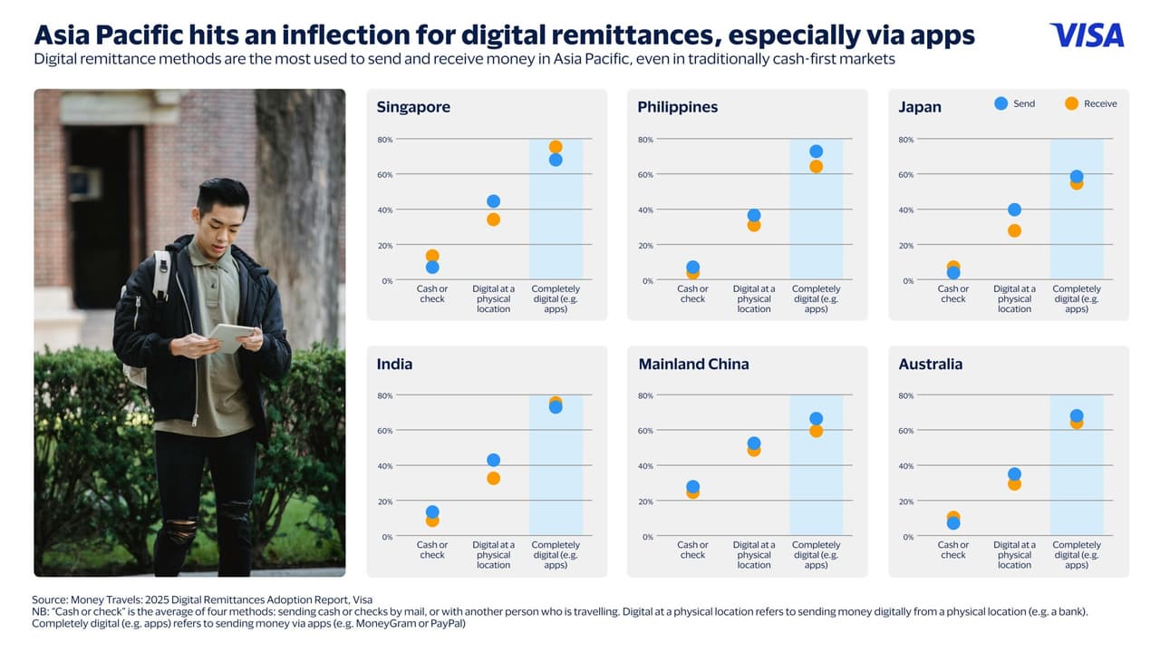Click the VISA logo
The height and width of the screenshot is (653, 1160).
click(1087, 35)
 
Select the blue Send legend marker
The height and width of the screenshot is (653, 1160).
click(1000, 103)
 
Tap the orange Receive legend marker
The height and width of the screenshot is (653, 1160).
click(1071, 103)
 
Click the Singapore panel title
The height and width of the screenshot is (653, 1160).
click(413, 107)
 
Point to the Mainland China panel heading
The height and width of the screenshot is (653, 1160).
click(693, 364)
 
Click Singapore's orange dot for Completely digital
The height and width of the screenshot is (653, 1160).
click(556, 147)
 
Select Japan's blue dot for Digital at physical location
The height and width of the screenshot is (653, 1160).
click(1014, 210)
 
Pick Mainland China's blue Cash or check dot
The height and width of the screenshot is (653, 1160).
click(692, 487)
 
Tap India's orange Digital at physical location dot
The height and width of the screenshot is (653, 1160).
click(493, 478)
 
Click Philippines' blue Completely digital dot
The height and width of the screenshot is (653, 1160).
click(816, 151)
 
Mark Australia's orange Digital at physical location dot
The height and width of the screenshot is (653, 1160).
click(1014, 484)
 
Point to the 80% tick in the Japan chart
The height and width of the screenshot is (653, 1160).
click(905, 140)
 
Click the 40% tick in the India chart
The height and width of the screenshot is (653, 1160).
click(385, 466)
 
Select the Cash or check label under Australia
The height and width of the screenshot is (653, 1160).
click(952, 550)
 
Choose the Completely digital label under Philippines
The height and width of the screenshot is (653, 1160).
click(816, 298)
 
